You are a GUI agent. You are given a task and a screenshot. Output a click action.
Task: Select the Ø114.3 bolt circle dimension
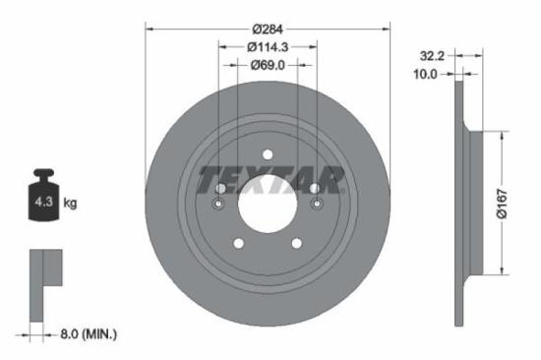pos(268,48)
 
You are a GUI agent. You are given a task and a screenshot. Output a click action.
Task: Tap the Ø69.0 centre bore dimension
pos(268,65)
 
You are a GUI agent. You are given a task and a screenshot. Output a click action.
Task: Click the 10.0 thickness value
pos(430,74)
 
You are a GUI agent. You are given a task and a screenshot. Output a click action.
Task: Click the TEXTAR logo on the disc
pos(268,181)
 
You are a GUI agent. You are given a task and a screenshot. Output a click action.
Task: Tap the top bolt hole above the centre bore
pos(268,152)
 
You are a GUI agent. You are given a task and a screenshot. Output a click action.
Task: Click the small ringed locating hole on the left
pos(218,205)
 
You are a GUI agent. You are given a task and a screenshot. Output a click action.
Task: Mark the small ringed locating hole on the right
pos(316,205)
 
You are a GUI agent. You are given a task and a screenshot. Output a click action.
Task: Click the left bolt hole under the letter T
pos(220,188)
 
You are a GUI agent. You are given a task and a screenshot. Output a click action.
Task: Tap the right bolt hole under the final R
pos(315,188)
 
